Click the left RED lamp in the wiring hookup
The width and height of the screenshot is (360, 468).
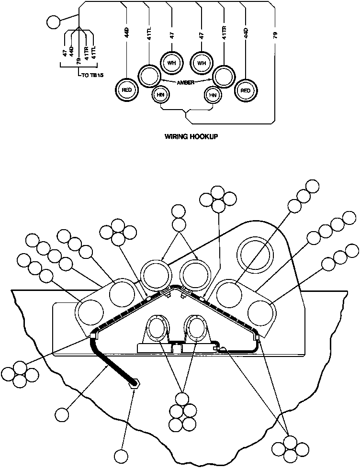click(x=127, y=90)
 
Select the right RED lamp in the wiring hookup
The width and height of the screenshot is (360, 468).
click(x=246, y=90)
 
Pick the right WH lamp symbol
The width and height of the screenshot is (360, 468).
click(x=202, y=63)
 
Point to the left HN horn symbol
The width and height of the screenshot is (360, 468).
click(x=160, y=95)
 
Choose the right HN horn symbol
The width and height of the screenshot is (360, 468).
click(x=212, y=95)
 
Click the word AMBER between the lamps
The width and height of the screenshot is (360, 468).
click(x=185, y=82)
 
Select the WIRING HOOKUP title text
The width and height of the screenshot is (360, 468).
click(x=191, y=136)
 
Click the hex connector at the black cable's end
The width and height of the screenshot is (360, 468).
click(x=135, y=382)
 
